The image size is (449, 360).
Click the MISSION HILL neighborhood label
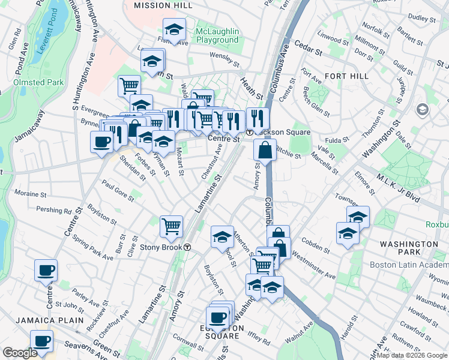point(163,5)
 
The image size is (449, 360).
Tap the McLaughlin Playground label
point(217,35)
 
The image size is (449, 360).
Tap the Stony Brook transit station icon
point(187,247)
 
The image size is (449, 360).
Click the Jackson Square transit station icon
point(249,132)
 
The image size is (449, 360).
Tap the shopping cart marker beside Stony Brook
point(171,226)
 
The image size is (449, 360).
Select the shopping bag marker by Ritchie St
point(264,150)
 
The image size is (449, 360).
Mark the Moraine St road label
point(31,194)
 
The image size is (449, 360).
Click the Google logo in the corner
point(20,353)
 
